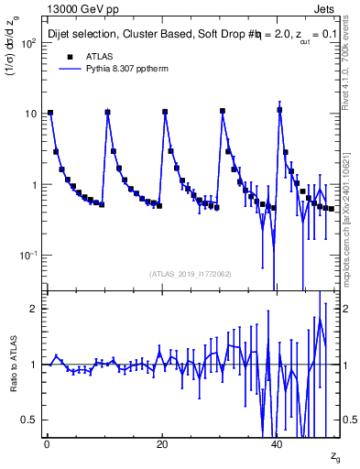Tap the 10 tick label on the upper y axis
point(29,114)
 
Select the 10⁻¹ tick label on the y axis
point(27,256)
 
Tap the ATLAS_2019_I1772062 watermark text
point(191,274)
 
